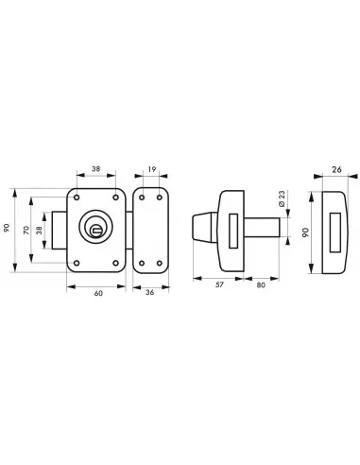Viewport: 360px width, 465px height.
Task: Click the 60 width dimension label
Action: (x=98, y=293)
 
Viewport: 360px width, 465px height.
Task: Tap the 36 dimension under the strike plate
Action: (x=150, y=293)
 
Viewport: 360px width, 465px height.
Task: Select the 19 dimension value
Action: (x=152, y=169)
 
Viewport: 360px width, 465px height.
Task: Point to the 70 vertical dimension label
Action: (x=26, y=230)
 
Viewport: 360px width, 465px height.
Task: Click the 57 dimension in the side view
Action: (x=219, y=284)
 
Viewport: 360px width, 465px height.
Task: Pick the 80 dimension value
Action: (x=261, y=285)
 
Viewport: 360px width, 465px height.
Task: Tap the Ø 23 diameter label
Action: (x=282, y=198)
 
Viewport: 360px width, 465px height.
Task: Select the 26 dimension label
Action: (x=336, y=169)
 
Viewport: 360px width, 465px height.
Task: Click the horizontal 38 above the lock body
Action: (x=95, y=169)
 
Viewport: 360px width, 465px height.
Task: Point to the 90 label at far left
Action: (x=7, y=228)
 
